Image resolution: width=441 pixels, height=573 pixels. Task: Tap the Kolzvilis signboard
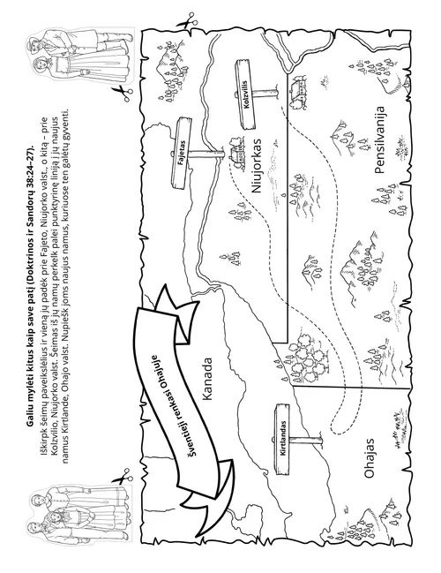tap(245, 94)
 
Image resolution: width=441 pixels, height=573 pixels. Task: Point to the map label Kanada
tap(207, 378)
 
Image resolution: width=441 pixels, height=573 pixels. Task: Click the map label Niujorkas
tap(257, 165)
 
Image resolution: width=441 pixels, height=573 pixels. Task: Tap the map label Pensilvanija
tap(379, 139)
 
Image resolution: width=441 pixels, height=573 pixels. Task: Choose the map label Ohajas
tap(369, 458)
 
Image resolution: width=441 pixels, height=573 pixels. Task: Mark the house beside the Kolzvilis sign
tap(299, 90)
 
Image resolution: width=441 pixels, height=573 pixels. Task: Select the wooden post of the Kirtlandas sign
tap(306, 439)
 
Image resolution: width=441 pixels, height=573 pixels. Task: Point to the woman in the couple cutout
tap(73, 68)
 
